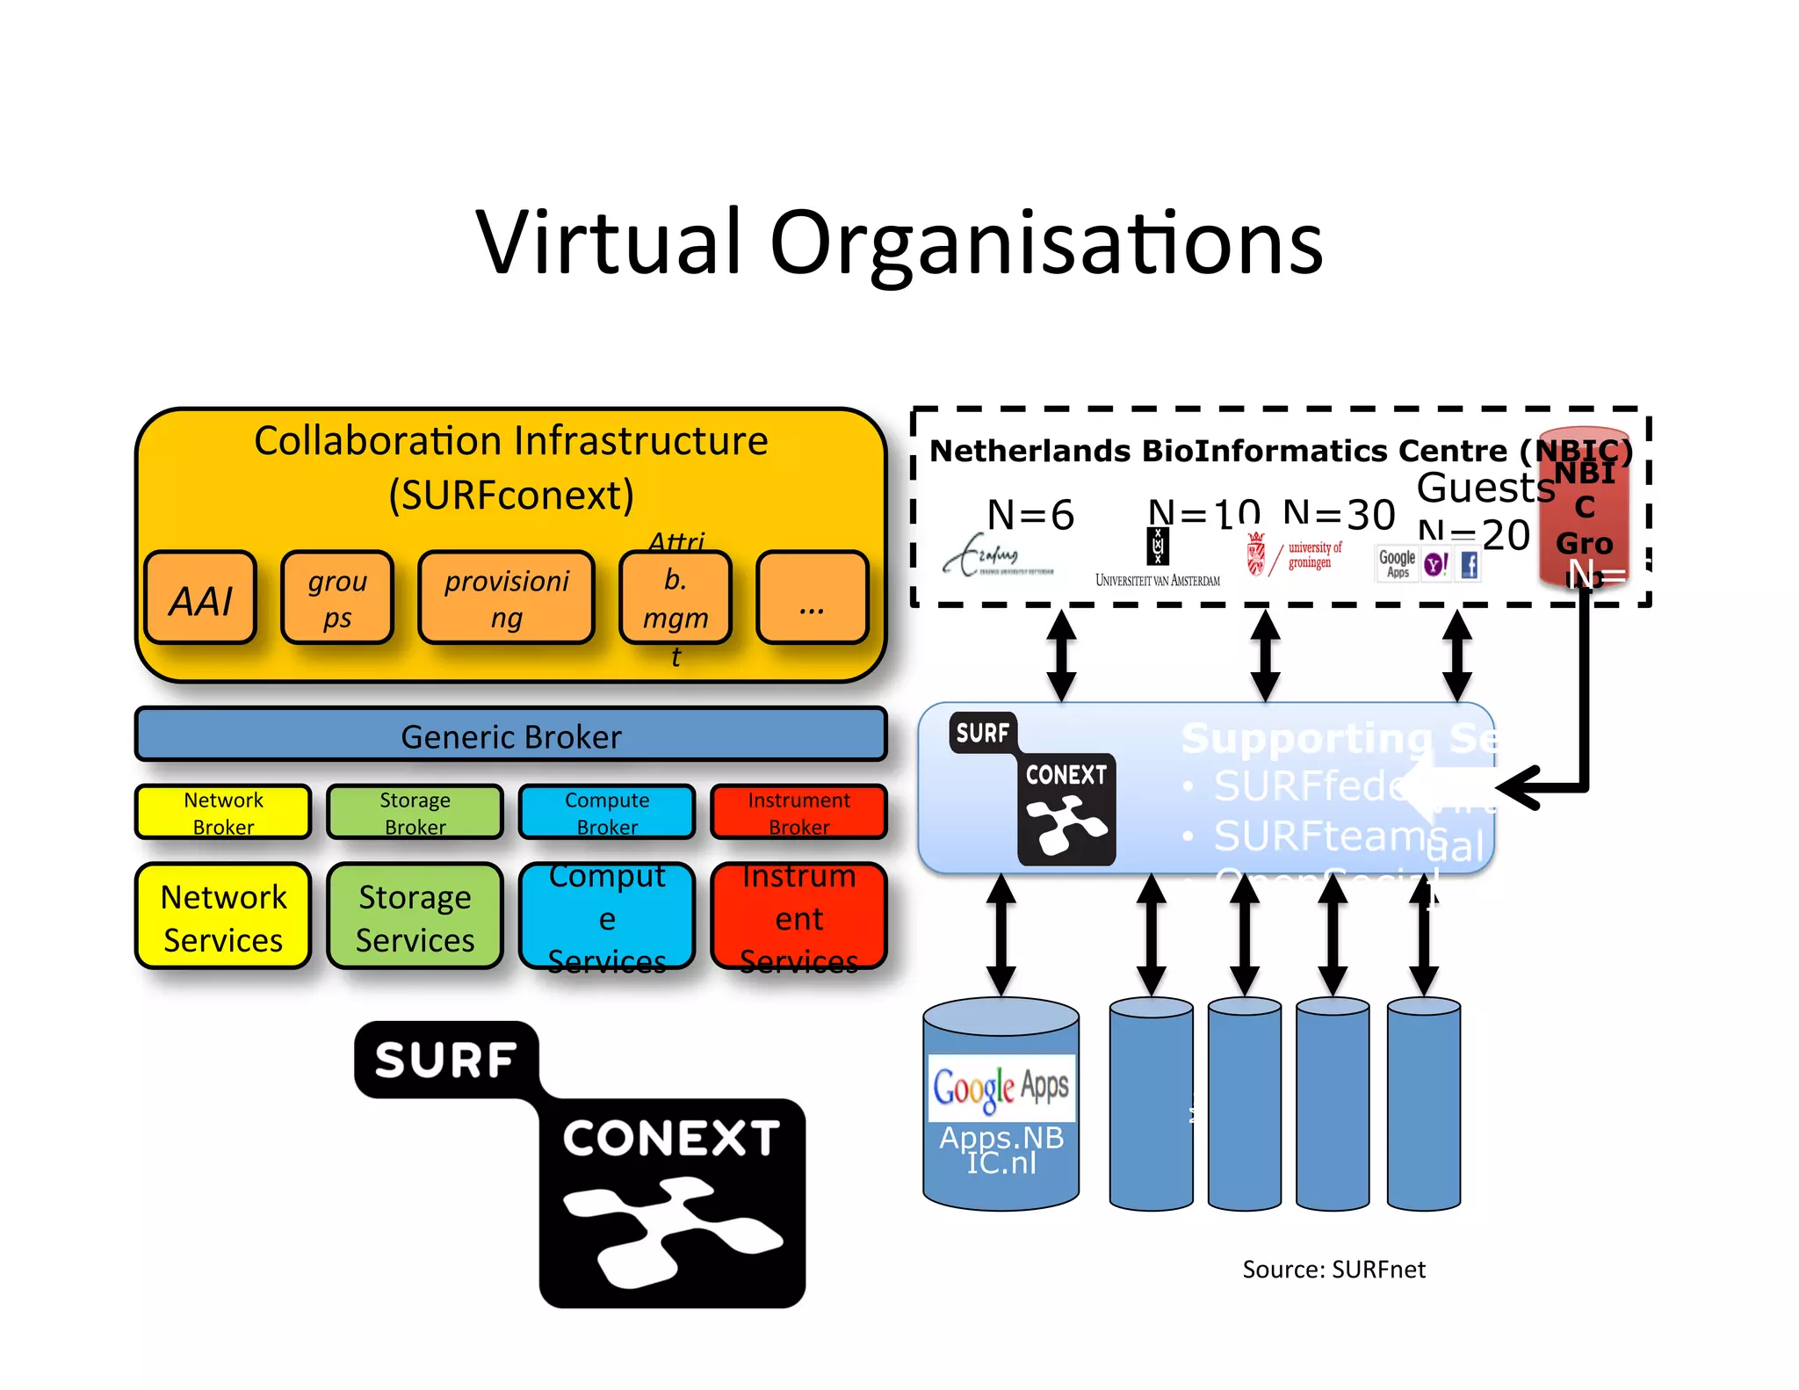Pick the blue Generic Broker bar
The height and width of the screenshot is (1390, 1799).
click(510, 735)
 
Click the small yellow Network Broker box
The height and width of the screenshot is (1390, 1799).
click(223, 812)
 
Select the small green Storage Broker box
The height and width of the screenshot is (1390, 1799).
click(415, 812)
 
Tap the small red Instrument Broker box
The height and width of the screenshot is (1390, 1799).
click(798, 812)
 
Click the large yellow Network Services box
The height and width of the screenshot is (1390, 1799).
click(223, 917)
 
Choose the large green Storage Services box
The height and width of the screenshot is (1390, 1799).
click(415, 917)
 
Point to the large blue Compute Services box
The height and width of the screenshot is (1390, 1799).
click(607, 917)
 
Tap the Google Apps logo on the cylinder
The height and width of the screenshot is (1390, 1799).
click(1001, 1088)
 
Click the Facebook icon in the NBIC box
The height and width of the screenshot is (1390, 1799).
click(1470, 565)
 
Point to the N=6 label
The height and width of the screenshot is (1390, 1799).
click(1030, 515)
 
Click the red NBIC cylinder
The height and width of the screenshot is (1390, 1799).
click(1584, 510)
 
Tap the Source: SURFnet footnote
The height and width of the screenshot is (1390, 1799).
click(1333, 1270)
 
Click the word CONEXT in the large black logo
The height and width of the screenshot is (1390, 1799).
click(671, 1139)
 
